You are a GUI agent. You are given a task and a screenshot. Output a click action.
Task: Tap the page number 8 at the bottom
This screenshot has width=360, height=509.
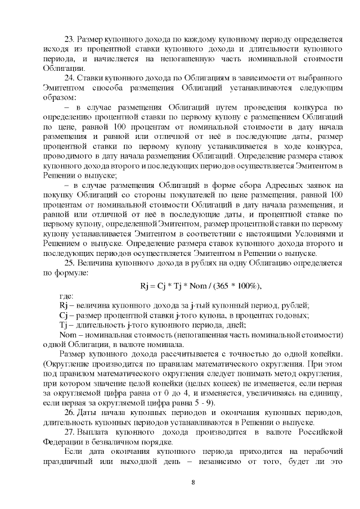[192, 483]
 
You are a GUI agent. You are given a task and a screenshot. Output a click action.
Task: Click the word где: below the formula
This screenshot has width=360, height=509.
[67, 296]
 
